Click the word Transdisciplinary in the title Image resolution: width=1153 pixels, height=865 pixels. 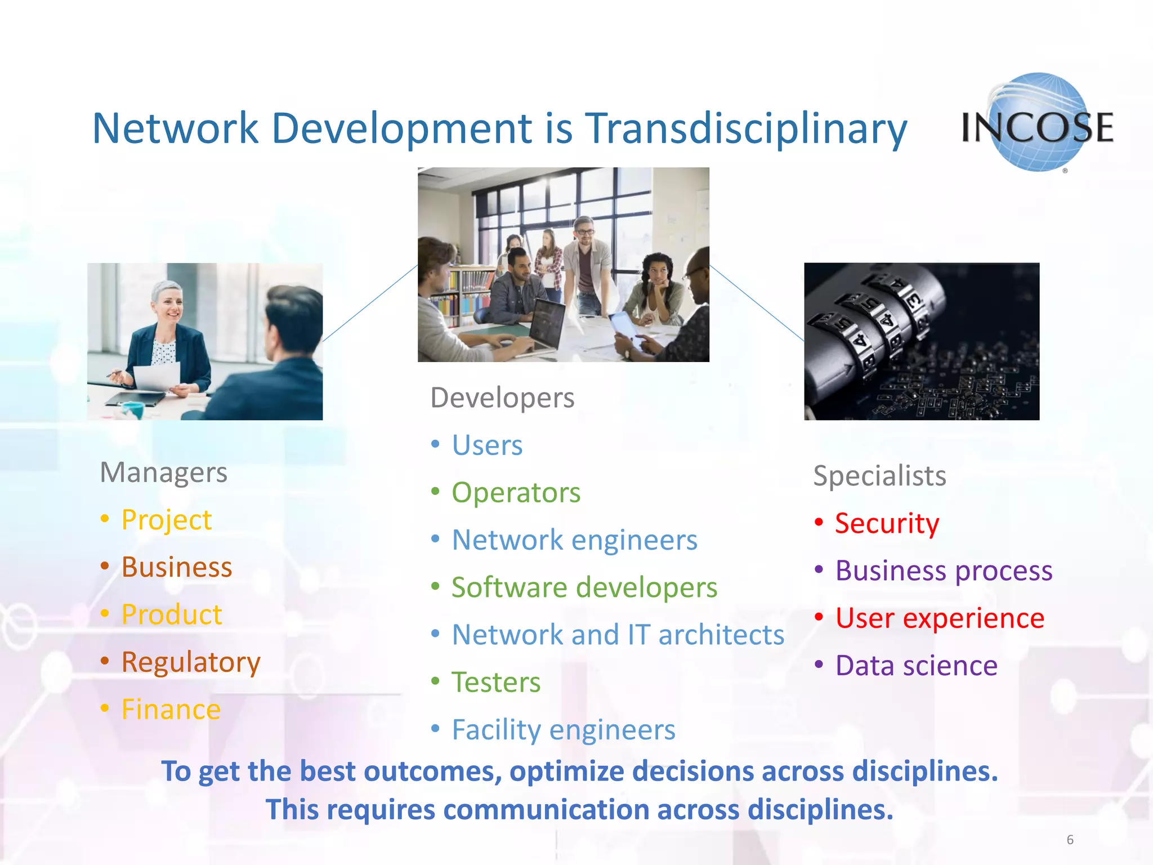[746, 128]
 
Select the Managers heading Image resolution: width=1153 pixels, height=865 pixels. [163, 472]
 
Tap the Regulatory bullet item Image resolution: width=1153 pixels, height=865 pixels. [191, 662]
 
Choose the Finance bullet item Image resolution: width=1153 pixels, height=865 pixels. [171, 709]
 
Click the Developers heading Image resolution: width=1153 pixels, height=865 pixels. [502, 398]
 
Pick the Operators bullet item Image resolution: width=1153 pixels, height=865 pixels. [516, 493]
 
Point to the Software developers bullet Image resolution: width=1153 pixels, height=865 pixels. [584, 587]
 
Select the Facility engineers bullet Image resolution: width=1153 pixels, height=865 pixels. [564, 730]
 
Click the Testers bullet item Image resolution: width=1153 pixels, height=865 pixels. [496, 683]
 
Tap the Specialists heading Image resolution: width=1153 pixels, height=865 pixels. [879, 476]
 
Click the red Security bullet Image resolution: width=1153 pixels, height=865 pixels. [887, 523]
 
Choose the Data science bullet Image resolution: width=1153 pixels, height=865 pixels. [916, 666]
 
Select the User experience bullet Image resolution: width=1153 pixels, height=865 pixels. [939, 618]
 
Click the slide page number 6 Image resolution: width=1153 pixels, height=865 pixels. [1070, 840]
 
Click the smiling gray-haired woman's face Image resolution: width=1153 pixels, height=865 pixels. [169, 307]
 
